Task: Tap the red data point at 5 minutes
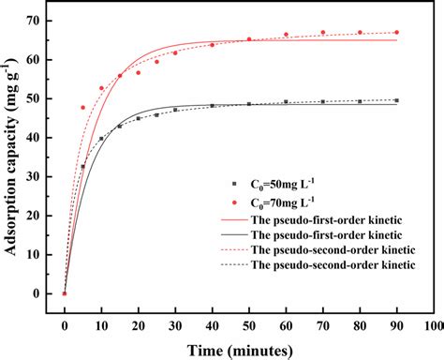click(x=82, y=108)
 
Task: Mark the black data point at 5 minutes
click(x=82, y=167)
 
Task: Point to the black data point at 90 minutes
click(x=396, y=100)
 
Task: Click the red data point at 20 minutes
click(x=138, y=72)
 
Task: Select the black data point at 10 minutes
click(x=101, y=139)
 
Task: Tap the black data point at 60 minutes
click(x=286, y=102)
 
